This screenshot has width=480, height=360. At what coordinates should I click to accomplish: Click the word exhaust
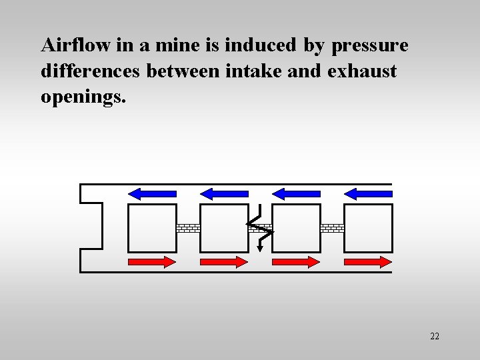(362, 71)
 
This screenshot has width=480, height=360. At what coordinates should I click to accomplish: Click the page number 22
(435, 336)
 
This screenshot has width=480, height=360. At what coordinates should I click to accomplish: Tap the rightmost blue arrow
(368, 193)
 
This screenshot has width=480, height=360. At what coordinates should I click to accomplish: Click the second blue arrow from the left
(225, 193)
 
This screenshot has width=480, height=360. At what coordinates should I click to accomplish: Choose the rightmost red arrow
(367, 262)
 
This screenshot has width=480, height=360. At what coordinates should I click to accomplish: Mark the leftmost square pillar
(152, 228)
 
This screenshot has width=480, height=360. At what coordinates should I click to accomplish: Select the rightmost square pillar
(368, 228)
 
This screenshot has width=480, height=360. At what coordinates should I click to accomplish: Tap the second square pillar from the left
(224, 228)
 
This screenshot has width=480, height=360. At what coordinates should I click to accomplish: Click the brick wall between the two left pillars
(188, 228)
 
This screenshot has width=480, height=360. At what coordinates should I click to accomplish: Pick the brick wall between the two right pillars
(332, 228)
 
